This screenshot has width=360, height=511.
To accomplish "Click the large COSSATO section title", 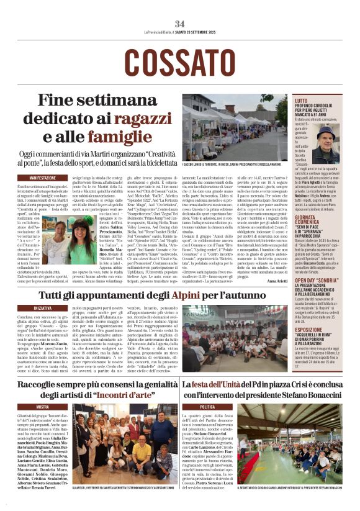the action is click(180, 61).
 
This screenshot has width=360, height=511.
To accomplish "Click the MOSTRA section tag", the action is click(43, 407).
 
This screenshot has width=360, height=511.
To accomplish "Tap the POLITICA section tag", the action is click(207, 407).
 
